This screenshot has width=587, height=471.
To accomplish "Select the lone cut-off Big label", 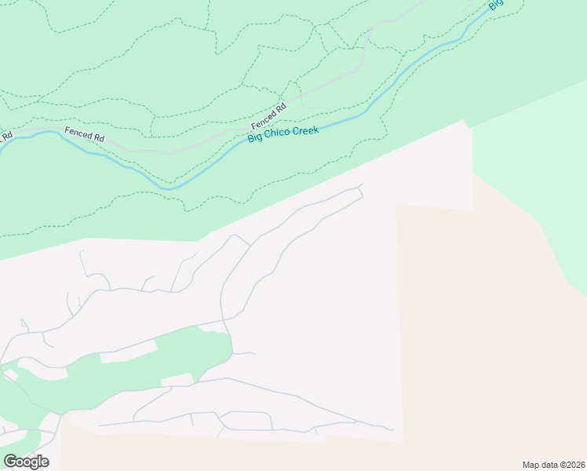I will coord(494,4).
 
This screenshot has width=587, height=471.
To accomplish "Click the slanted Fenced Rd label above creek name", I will coord(269,116).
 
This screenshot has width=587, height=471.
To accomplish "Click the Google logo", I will coord(26,462).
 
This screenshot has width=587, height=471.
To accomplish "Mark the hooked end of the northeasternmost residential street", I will coord(361,186).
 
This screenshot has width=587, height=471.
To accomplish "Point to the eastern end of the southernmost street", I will coord(391,429).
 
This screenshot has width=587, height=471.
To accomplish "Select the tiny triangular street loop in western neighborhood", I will coord(24,324).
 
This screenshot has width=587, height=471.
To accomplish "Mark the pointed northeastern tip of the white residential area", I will coord(465,122).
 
